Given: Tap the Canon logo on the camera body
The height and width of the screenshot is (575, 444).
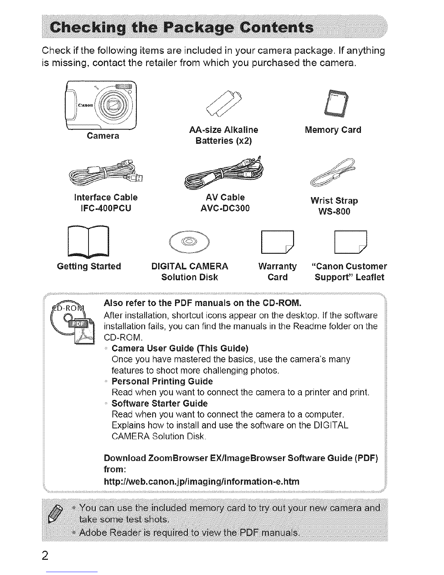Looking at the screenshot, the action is (x=85, y=105).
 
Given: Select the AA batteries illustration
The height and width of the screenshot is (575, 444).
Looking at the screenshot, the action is (x=224, y=103).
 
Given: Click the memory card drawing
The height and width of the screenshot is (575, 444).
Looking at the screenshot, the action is (x=336, y=103).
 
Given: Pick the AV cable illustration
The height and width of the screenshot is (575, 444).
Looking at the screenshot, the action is (x=224, y=172).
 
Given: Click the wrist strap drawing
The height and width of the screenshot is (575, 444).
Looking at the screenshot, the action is (x=333, y=172).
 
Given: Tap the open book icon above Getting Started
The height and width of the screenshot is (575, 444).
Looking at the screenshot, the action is (x=88, y=242).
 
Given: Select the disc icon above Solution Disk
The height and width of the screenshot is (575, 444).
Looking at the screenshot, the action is (x=189, y=242).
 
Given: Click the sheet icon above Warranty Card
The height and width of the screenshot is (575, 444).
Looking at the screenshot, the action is (x=277, y=242).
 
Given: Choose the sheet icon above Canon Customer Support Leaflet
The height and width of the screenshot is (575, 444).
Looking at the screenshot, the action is (x=351, y=242).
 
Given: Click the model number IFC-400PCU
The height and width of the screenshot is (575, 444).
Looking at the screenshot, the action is (x=106, y=208).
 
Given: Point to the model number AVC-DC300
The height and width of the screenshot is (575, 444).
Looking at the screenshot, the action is (x=225, y=208).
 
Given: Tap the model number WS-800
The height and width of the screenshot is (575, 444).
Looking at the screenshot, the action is (x=334, y=211).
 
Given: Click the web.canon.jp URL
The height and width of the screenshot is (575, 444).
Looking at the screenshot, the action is (x=202, y=481).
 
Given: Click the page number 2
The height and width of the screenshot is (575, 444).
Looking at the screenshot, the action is (x=45, y=555).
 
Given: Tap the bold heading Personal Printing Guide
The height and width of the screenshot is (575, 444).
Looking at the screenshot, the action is (x=162, y=381).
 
